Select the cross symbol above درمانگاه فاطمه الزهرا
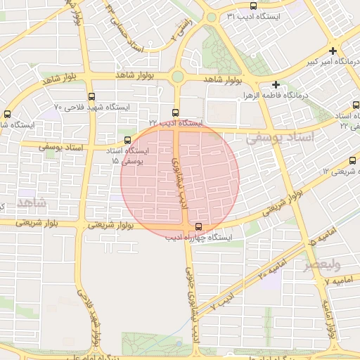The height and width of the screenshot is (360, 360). (x=276, y=84)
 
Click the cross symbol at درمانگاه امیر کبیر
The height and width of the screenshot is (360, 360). (x=333, y=51)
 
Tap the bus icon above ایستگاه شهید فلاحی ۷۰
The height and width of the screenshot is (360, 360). (x=91, y=96)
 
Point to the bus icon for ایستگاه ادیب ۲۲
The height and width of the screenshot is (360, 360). (x=176, y=112)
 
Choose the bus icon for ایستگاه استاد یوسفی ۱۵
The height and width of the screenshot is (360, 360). (x=127, y=140)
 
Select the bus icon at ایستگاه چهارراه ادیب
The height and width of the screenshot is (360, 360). (x=199, y=226)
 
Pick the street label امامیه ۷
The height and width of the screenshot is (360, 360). (x=338, y=281)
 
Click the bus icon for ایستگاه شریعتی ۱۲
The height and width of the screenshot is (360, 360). (x=353, y=160)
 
